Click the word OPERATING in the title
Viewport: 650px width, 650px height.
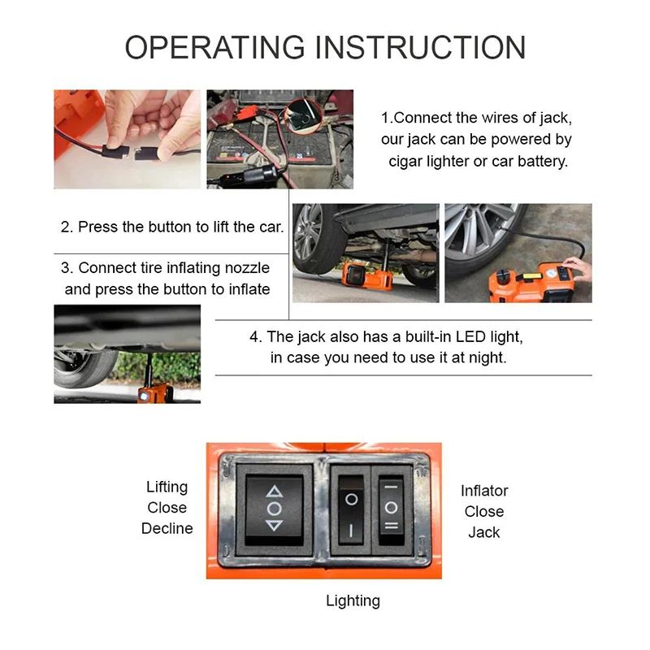(x=215, y=48)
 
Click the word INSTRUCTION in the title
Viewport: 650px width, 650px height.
(x=421, y=48)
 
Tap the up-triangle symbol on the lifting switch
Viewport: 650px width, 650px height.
(x=274, y=492)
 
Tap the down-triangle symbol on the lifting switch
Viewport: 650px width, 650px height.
(x=274, y=526)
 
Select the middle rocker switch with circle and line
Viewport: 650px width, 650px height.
(x=351, y=510)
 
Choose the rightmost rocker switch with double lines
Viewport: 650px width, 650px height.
(x=391, y=510)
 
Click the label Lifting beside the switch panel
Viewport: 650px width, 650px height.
(x=167, y=487)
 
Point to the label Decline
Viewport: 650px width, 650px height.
(x=167, y=529)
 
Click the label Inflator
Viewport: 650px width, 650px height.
(x=484, y=491)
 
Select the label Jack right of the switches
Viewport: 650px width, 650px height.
(x=484, y=532)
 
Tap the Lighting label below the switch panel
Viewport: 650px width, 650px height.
(x=353, y=601)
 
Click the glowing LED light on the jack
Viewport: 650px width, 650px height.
(x=144, y=396)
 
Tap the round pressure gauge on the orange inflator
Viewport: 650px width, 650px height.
(x=551, y=274)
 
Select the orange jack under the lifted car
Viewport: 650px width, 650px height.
(x=366, y=275)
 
